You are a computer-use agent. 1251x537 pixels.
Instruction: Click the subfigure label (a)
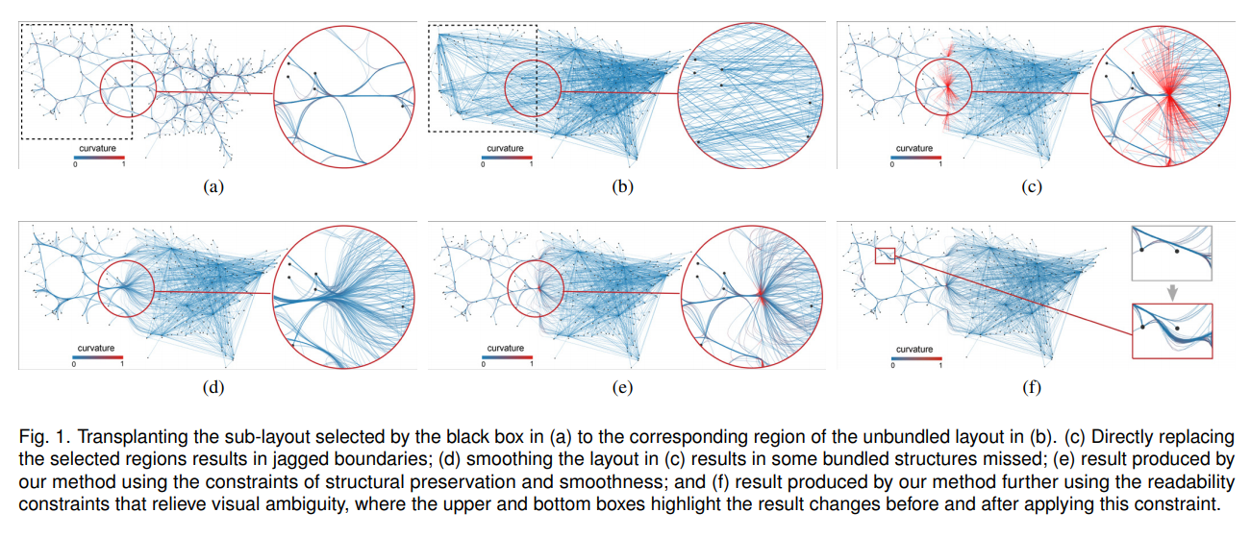pyautogui.click(x=213, y=187)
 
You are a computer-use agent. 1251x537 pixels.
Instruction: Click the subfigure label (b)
pyautogui.click(x=622, y=187)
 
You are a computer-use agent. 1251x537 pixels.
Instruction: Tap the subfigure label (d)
pyautogui.click(x=213, y=388)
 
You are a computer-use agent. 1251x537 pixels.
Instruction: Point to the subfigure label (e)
pyautogui.click(x=622, y=388)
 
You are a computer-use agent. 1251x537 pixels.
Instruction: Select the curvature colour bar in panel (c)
pyautogui.click(x=916, y=157)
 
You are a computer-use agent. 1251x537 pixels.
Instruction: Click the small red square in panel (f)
pyautogui.click(x=885, y=255)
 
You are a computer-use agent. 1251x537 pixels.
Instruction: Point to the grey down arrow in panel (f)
pyautogui.click(x=1171, y=291)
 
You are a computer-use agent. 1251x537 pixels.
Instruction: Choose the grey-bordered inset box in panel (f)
pyautogui.click(x=1172, y=253)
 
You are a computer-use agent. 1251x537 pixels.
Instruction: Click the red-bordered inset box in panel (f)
pyautogui.click(x=1172, y=330)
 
